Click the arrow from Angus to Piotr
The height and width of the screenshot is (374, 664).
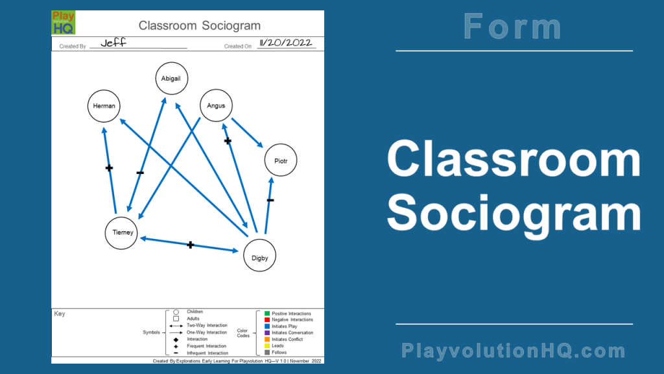point(247,132)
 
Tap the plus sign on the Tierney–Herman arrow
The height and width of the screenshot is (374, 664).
point(109,168)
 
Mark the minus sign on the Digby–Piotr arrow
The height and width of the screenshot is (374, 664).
point(270,200)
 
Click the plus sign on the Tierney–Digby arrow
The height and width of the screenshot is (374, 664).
point(191,245)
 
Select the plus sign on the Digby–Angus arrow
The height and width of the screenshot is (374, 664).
point(228,141)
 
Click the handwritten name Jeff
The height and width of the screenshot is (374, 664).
point(113,43)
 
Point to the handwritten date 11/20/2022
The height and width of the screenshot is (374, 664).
point(286,43)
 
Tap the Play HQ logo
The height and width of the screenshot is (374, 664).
point(64,23)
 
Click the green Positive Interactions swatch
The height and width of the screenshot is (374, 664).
point(267,314)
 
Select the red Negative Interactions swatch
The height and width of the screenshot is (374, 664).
point(267,319)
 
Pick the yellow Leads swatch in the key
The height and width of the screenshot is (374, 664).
point(267,346)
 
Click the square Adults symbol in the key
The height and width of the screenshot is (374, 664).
point(176,319)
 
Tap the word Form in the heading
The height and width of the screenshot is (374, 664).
point(513,27)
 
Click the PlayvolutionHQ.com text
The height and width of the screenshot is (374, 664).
point(514,351)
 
